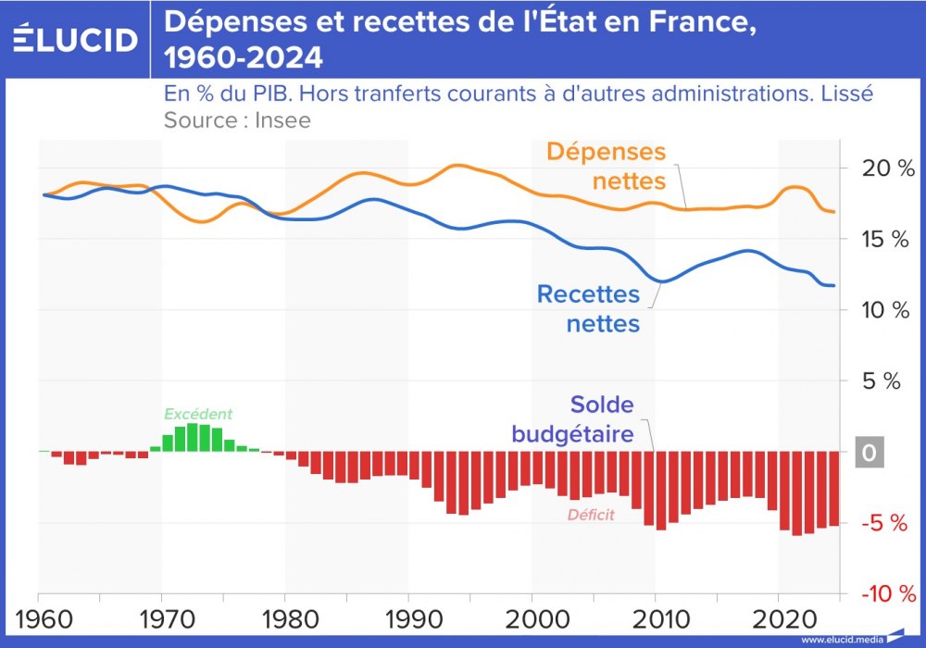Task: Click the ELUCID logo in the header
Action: point(76,39)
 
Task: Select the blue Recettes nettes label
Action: point(588,309)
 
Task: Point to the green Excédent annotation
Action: point(197,415)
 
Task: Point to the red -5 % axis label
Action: point(881,524)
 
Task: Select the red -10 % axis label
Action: point(881,593)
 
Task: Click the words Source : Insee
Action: point(237,119)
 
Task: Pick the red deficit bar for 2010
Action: point(661,491)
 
